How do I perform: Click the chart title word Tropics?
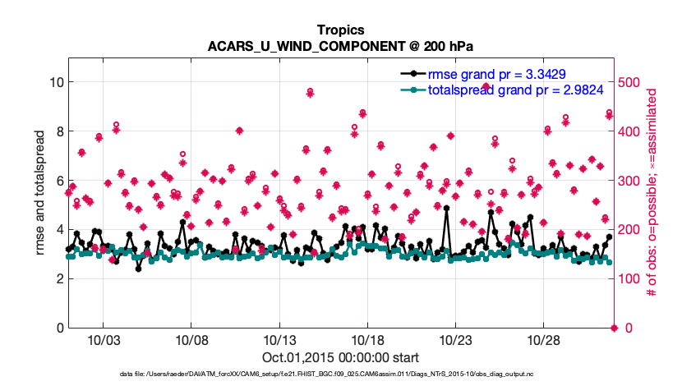click(x=340, y=29)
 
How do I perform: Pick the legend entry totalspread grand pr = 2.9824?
click(x=498, y=90)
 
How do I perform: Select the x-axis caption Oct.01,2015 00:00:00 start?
click(x=340, y=358)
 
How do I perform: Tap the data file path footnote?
click(x=340, y=375)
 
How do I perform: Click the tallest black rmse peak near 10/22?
click(x=446, y=208)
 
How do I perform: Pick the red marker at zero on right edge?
click(x=614, y=329)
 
